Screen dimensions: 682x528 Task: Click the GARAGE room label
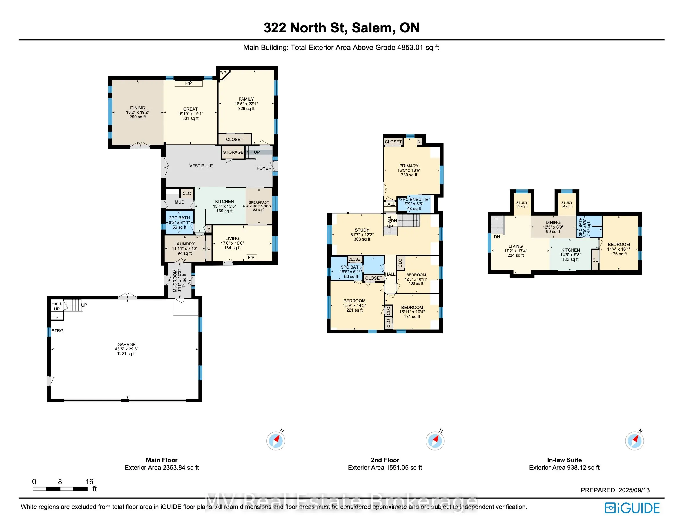pos(126,344)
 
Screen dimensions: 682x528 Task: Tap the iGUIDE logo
pos(632,508)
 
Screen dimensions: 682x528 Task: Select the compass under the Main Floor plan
pos(276,440)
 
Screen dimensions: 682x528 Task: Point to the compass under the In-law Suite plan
pos(634,440)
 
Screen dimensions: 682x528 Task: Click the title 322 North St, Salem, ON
pos(342,28)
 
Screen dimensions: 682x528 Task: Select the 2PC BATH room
pos(179,223)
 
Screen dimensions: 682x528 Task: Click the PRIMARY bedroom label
pos(409,166)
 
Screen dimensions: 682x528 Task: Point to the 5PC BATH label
pos(351,267)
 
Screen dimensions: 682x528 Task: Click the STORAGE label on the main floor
pos(233,152)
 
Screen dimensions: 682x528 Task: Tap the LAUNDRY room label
pos(184,244)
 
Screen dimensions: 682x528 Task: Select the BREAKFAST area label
pos(259,202)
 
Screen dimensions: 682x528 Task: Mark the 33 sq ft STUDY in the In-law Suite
pos(522,204)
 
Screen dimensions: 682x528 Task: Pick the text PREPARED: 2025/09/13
pos(615,490)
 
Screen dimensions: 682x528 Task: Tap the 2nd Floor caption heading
pos(385,460)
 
